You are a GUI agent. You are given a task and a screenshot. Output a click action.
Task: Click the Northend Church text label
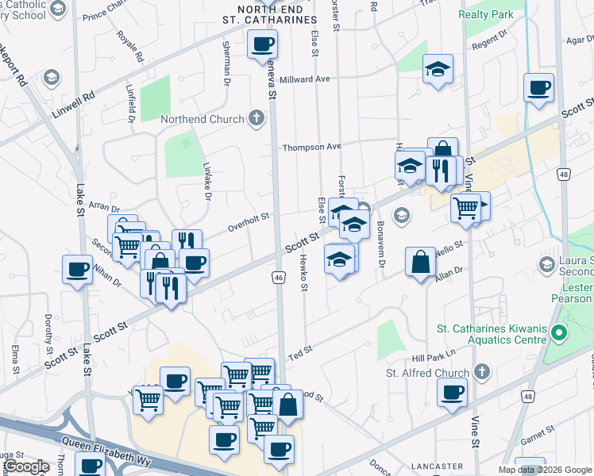pos(201,119)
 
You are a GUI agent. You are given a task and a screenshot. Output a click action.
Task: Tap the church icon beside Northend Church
pos(256,119)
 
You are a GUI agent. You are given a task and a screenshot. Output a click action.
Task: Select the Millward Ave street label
pos(305,79)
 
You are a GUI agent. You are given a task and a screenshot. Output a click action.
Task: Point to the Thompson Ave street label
pos(312,147)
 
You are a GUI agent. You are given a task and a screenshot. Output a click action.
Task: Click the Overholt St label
pos(249,215)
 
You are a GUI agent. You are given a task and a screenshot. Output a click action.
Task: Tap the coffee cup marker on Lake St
pos(77,270)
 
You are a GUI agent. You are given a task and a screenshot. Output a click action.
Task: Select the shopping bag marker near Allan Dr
pos(420,262)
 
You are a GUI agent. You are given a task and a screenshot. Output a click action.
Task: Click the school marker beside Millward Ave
pos(437,69)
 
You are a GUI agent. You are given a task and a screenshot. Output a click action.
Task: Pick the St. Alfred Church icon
pos(482,372)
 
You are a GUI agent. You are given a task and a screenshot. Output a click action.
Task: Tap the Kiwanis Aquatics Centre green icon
pos(558,335)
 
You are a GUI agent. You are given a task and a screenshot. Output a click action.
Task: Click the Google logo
pos(25,466)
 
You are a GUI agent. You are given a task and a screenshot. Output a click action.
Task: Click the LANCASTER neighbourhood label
pos(437,466)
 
